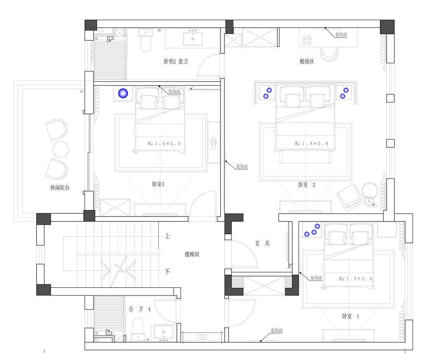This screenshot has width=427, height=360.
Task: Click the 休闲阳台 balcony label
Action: pyautogui.click(x=60, y=187)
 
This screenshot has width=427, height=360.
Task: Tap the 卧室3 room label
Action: pyautogui.click(x=158, y=184)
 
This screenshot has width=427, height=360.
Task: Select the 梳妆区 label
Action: pyautogui.click(x=307, y=61)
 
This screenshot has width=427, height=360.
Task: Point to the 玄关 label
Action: pyautogui.click(x=262, y=243)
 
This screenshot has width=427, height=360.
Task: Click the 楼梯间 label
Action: pyautogui.click(x=192, y=254)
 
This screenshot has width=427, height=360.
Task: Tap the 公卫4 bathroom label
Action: pyautogui.click(x=140, y=309)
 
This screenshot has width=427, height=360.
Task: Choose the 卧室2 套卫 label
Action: pyautogui.click(x=175, y=61)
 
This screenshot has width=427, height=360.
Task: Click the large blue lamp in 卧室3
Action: pyautogui.click(x=123, y=93)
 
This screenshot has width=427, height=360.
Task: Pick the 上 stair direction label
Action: pyautogui.click(x=167, y=236)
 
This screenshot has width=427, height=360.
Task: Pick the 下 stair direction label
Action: pyautogui.click(x=167, y=271)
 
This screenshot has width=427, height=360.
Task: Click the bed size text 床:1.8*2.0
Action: pyautogui.click(x=311, y=144)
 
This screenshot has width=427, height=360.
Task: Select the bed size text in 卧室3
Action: pyautogui.click(x=164, y=144)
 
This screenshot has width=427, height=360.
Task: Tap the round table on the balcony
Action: pyautogui.click(x=61, y=149)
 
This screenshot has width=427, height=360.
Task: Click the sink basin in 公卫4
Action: pyautogui.click(x=163, y=332)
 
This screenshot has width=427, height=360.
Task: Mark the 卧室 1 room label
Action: pyautogui.click(x=351, y=316)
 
